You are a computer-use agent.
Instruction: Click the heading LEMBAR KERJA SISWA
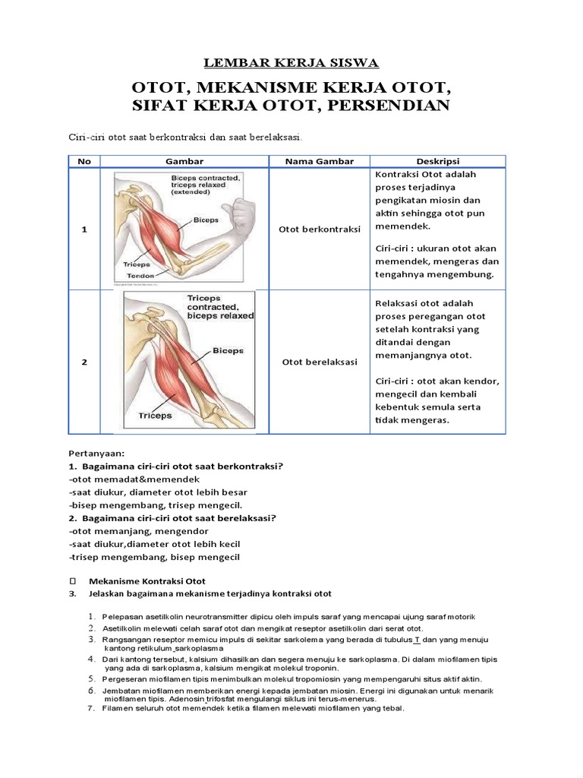291,62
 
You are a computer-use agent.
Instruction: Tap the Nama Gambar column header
319,161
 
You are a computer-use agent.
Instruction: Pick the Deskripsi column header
437,161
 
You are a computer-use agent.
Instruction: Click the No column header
84,161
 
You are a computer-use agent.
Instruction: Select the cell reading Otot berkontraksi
319,229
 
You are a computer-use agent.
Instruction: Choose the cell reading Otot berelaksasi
319,362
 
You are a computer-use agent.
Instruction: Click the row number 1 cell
84,229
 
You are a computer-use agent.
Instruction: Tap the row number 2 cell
84,362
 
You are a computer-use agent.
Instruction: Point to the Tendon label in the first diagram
138,276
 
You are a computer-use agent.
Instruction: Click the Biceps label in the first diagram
206,220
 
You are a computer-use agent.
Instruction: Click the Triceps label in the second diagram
155,416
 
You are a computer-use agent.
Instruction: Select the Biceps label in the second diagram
228,351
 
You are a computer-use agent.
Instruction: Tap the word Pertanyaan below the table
96,453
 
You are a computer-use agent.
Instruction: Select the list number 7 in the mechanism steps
90,708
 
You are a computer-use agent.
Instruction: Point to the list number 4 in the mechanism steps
90,659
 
